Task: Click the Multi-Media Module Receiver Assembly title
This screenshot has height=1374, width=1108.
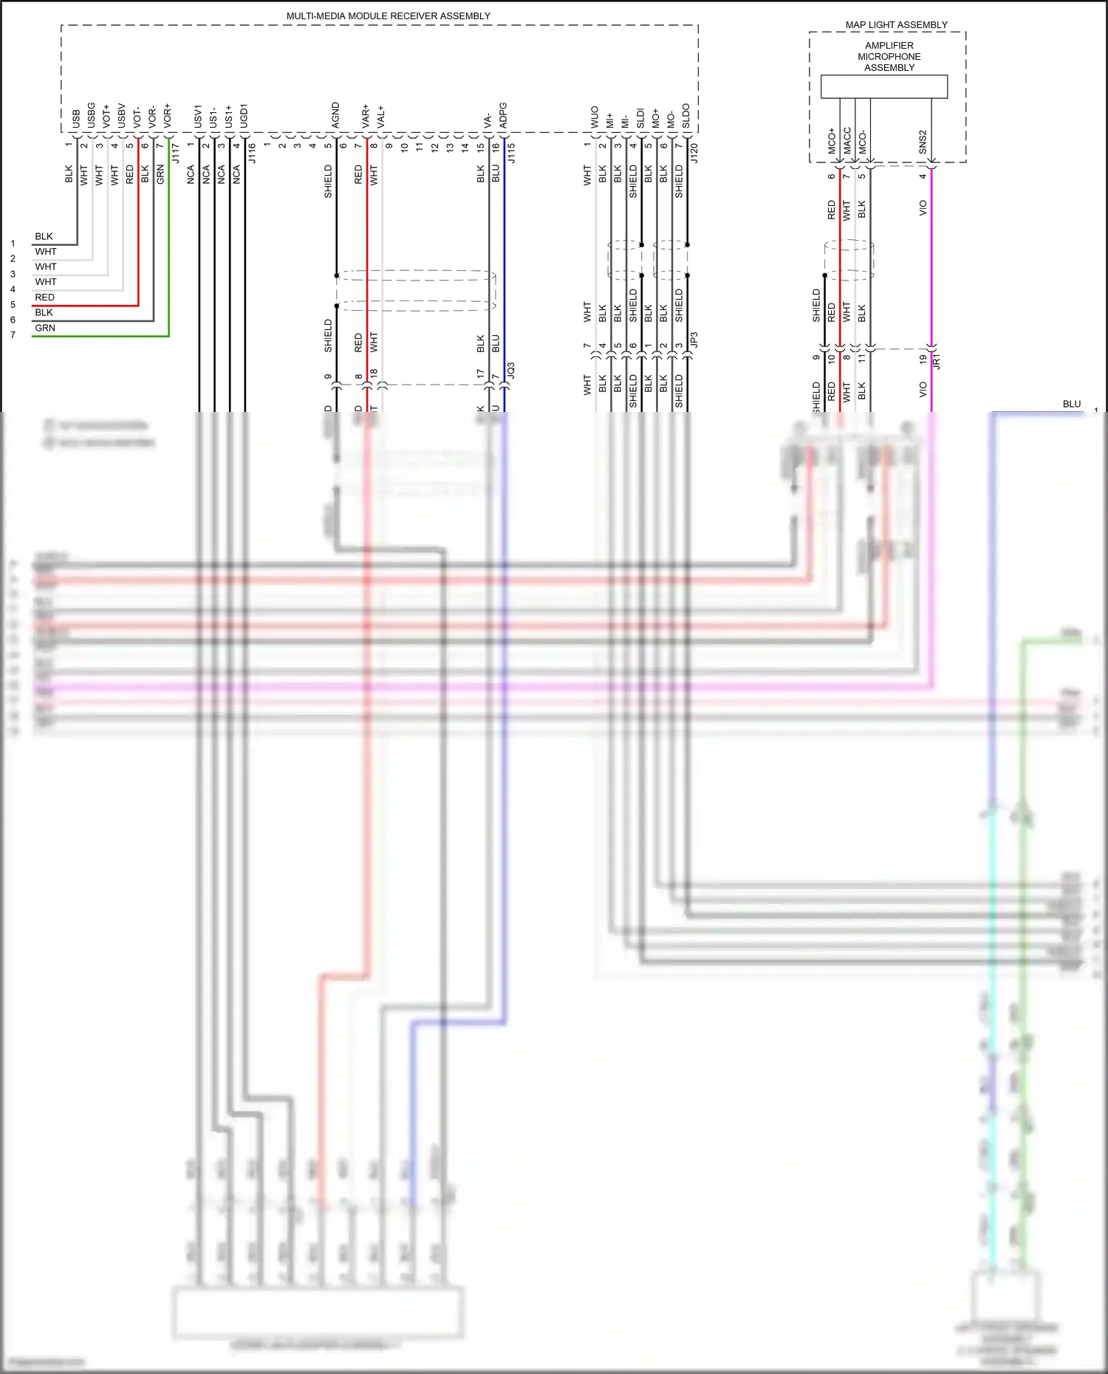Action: [x=388, y=16]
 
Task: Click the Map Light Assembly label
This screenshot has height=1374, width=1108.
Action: [x=896, y=24]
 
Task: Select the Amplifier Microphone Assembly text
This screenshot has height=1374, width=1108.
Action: [x=889, y=56]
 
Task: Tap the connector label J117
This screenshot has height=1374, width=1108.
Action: [x=176, y=153]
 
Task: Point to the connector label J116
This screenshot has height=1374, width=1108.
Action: [x=252, y=153]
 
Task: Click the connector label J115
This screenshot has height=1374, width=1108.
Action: [x=511, y=153]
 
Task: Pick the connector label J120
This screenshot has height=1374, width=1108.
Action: [x=694, y=153]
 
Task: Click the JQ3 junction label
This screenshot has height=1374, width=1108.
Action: [x=511, y=371]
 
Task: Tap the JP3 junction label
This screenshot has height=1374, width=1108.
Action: [x=694, y=340]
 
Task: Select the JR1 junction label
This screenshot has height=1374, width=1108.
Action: [x=937, y=360]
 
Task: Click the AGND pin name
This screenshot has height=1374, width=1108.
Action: [x=336, y=115]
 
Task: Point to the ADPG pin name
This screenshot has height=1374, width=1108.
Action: [x=503, y=115]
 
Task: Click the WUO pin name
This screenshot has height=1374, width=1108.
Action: [x=595, y=117]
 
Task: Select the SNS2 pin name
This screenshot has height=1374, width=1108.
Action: [x=923, y=142]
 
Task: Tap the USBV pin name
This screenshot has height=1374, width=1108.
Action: [x=122, y=115]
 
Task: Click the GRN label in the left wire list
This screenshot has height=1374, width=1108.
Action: [x=45, y=328]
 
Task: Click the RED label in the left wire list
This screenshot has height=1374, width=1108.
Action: [x=44, y=297]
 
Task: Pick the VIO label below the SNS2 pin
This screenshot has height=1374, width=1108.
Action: [x=923, y=207]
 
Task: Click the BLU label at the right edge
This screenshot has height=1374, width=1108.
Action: [x=1071, y=404]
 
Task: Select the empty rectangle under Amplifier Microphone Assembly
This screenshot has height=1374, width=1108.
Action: [x=883, y=86]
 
